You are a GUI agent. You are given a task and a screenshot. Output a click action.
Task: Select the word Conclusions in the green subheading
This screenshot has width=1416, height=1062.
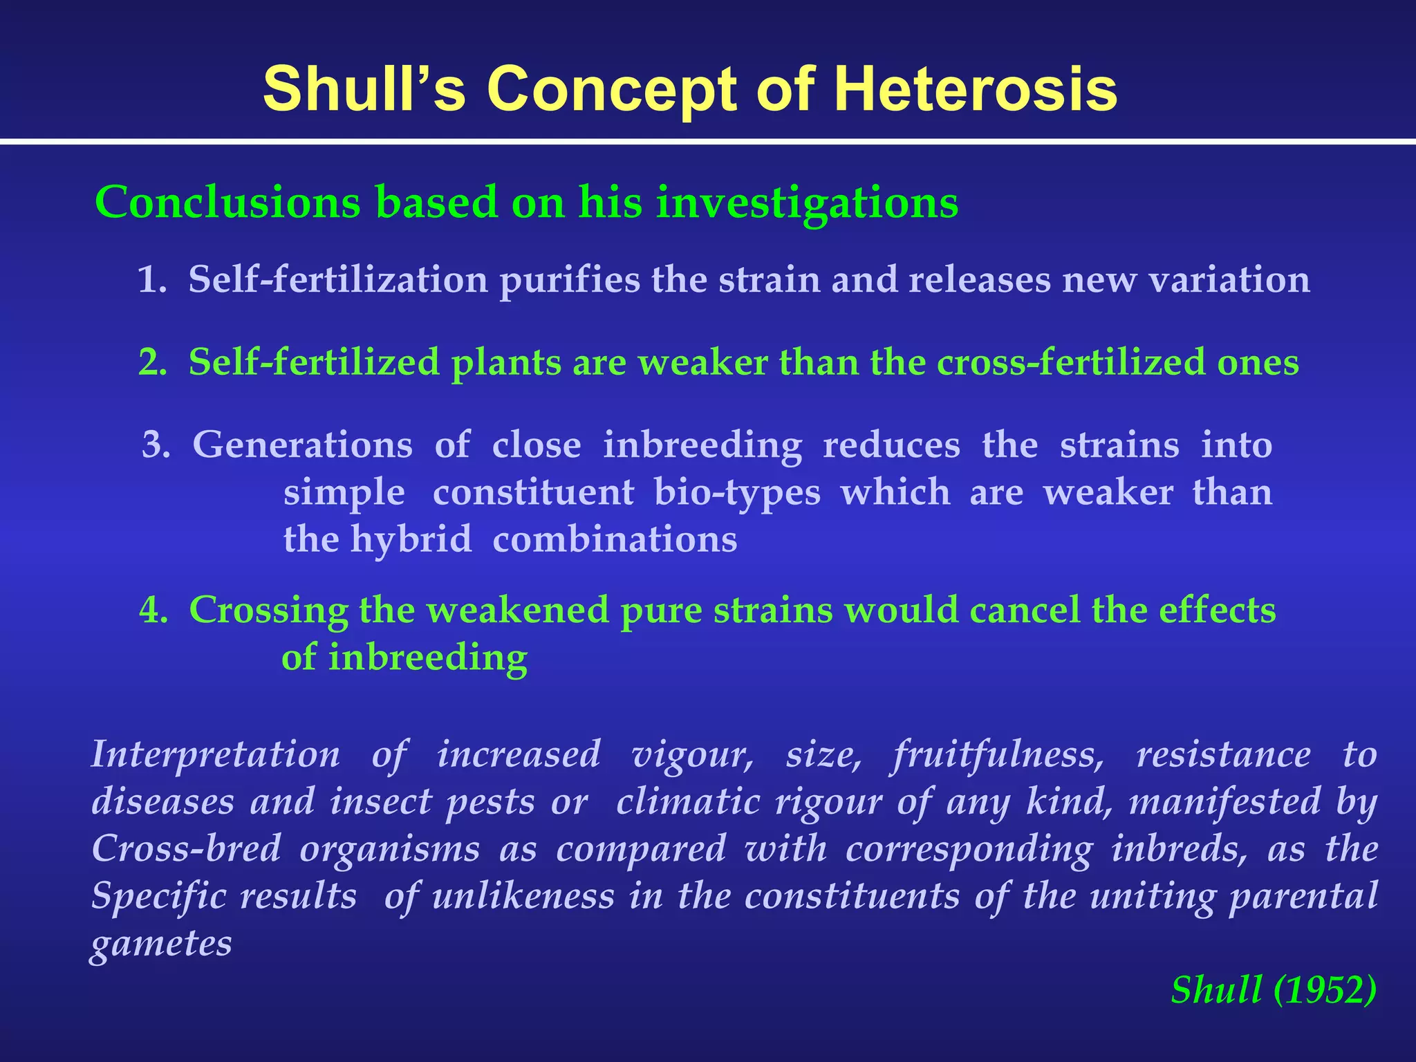click(227, 203)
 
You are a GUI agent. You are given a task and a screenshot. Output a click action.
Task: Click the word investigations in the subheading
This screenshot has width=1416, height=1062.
click(807, 204)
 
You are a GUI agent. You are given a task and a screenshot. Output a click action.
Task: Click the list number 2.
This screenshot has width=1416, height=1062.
click(152, 363)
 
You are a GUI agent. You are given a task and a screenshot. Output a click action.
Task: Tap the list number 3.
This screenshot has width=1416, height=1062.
click(156, 445)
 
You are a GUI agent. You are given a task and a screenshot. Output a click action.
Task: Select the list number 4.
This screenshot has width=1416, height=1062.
click(153, 611)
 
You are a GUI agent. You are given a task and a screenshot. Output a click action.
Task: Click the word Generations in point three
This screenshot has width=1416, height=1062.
click(302, 445)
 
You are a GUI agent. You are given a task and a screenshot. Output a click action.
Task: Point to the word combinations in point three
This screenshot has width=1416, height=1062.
click(615, 540)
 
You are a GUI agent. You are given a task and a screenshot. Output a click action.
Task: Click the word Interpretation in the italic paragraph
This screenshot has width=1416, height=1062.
click(215, 754)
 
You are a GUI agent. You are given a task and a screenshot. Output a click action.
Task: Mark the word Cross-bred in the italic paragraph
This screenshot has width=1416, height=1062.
click(186, 849)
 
